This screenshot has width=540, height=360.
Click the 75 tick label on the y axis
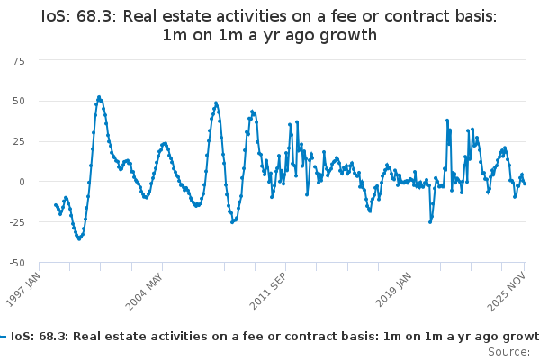(x=19, y=61)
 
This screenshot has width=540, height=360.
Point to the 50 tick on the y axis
(x=19, y=102)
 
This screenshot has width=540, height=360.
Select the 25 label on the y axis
(x=19, y=141)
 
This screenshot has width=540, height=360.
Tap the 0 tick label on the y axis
(x=22, y=182)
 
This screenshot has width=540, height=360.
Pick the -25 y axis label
(x=17, y=222)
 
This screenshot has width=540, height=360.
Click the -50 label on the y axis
(x=17, y=263)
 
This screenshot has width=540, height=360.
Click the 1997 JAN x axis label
(x=23, y=290)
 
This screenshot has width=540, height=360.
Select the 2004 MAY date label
(x=144, y=292)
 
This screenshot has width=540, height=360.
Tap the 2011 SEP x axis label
(x=267, y=291)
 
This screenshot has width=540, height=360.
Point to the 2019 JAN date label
(x=393, y=290)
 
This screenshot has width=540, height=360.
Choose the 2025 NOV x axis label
(x=507, y=291)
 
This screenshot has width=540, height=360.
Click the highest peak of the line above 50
(x=99, y=97)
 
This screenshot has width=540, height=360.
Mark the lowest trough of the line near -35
(x=79, y=238)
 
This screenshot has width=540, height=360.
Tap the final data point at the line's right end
(x=525, y=184)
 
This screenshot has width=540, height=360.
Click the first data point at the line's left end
(x=56, y=205)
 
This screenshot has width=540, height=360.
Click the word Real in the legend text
(x=86, y=337)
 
